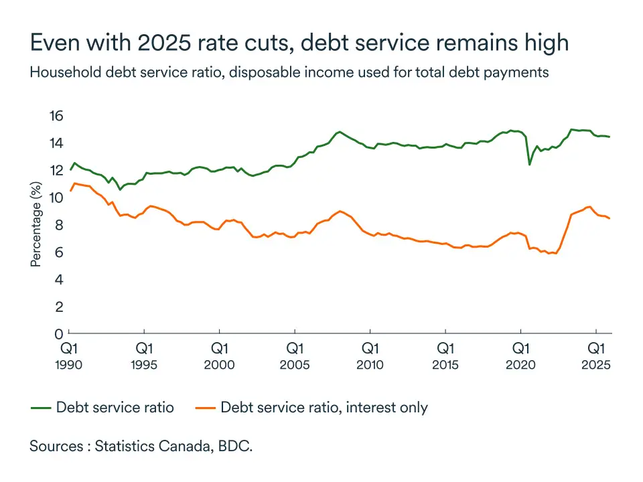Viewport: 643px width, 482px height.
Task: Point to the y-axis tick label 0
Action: tap(58, 333)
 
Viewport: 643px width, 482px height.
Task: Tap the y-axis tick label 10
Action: tap(55, 197)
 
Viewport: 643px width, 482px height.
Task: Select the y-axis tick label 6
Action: tap(58, 252)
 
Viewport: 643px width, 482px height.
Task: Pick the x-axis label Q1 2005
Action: tap(295, 356)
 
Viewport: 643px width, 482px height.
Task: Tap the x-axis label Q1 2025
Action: tap(596, 356)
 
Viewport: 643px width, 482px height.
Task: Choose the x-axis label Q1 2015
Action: tap(445, 356)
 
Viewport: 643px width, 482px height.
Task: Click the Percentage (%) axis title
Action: tap(36, 224)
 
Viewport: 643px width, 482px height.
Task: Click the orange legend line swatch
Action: tap(204, 407)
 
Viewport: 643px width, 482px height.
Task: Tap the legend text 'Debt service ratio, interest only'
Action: tap(324, 407)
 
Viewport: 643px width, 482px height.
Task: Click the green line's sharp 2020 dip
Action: tap(530, 164)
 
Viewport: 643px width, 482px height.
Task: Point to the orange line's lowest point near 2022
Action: tap(549, 254)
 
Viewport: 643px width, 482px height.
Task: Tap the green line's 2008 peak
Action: tap(340, 132)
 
